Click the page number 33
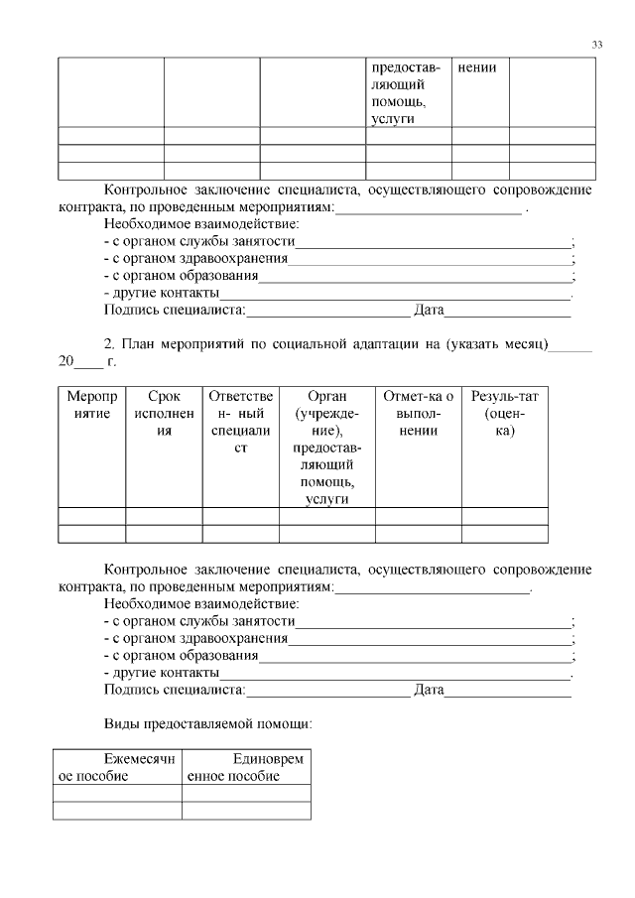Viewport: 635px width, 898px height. tap(596, 45)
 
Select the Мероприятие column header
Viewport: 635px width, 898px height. tap(92, 414)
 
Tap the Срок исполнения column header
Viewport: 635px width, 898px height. tap(164, 414)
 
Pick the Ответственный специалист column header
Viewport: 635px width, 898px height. tap(241, 422)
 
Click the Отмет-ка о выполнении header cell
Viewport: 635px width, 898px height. tap(418, 414)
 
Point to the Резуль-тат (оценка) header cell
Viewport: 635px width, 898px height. tap(504, 414)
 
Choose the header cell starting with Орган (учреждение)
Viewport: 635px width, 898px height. tap(326, 447)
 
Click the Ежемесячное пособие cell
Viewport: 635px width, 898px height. tap(116, 767)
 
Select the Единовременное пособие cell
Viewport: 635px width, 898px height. tap(246, 767)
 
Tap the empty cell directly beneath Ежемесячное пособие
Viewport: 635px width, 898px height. tap(116, 793)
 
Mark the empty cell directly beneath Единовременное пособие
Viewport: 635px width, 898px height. tap(246, 793)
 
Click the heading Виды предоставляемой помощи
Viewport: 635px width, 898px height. tap(208, 723)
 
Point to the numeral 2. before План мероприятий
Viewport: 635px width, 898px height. tap(110, 344)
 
